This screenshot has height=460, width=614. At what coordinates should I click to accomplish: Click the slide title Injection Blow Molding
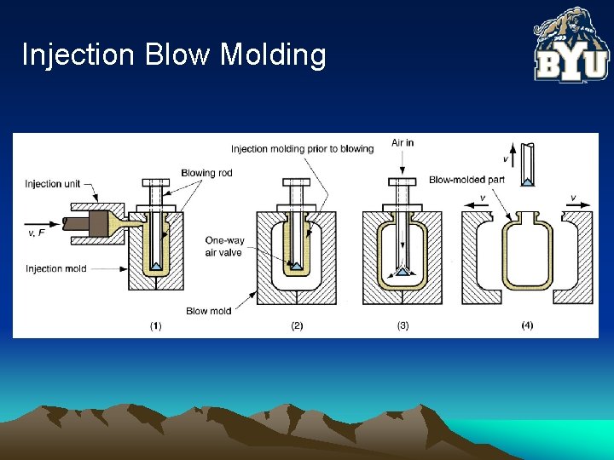coord(174,55)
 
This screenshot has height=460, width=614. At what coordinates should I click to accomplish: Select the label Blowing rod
coord(206,173)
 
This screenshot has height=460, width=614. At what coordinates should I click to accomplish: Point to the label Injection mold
coord(56,269)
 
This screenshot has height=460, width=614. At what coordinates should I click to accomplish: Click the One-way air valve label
coord(224,246)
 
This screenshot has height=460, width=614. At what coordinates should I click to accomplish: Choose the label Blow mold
coord(208,311)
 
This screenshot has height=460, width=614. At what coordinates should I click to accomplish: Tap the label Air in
coord(403,142)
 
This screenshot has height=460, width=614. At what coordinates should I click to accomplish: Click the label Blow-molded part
coord(466,180)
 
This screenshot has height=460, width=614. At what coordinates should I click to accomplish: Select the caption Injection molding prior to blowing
coord(302,149)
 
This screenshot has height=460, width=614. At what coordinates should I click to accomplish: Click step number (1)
coord(155,326)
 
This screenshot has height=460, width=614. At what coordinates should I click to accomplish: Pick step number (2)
coord(297,326)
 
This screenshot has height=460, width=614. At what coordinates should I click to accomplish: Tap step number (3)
coord(403,326)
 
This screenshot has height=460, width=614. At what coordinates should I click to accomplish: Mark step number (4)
coord(526,326)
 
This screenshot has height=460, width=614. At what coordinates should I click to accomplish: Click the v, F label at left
coord(37,232)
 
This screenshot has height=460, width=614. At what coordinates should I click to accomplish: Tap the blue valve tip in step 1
coord(155,267)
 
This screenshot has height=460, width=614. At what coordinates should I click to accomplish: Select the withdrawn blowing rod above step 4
coord(529,164)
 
